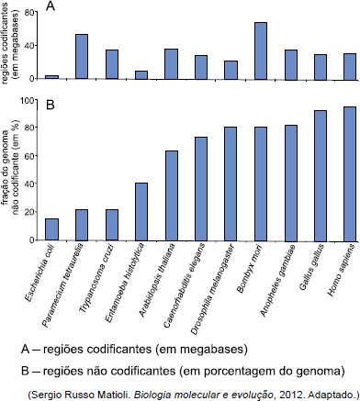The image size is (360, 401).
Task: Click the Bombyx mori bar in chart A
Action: coord(261,50)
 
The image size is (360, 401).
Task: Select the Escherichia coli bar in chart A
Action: coord(51,77)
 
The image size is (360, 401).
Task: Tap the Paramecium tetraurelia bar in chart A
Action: coord(82,57)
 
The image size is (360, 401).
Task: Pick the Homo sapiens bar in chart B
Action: coord(350,174)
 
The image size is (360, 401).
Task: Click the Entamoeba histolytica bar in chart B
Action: coord(141,212)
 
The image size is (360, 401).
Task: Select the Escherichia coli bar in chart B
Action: coord(51,229)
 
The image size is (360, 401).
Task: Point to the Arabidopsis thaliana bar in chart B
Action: coord(172,195)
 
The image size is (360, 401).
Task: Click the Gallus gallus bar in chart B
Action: coord(321,176)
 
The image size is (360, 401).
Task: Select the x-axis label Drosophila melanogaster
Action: coord(212,289)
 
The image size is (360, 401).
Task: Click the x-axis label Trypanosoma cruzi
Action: coord(96,278)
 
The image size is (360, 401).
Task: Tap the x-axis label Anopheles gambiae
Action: coord(277,280)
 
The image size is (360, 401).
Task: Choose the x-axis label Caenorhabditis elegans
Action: coord(184,286)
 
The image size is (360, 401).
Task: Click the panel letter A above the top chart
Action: coord(51,6)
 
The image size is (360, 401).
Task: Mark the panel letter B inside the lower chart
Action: coord(51,105)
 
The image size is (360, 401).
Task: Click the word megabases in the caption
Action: coord(208,350)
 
